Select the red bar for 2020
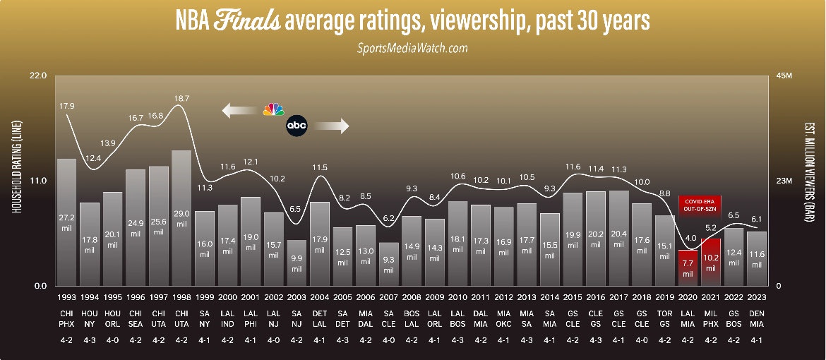688,268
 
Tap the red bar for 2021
711,262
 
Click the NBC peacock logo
273,110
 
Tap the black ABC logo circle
297,126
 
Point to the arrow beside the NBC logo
239,110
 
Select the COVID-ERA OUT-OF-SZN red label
699,204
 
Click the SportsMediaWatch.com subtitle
413,48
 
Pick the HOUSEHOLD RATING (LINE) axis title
14,179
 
